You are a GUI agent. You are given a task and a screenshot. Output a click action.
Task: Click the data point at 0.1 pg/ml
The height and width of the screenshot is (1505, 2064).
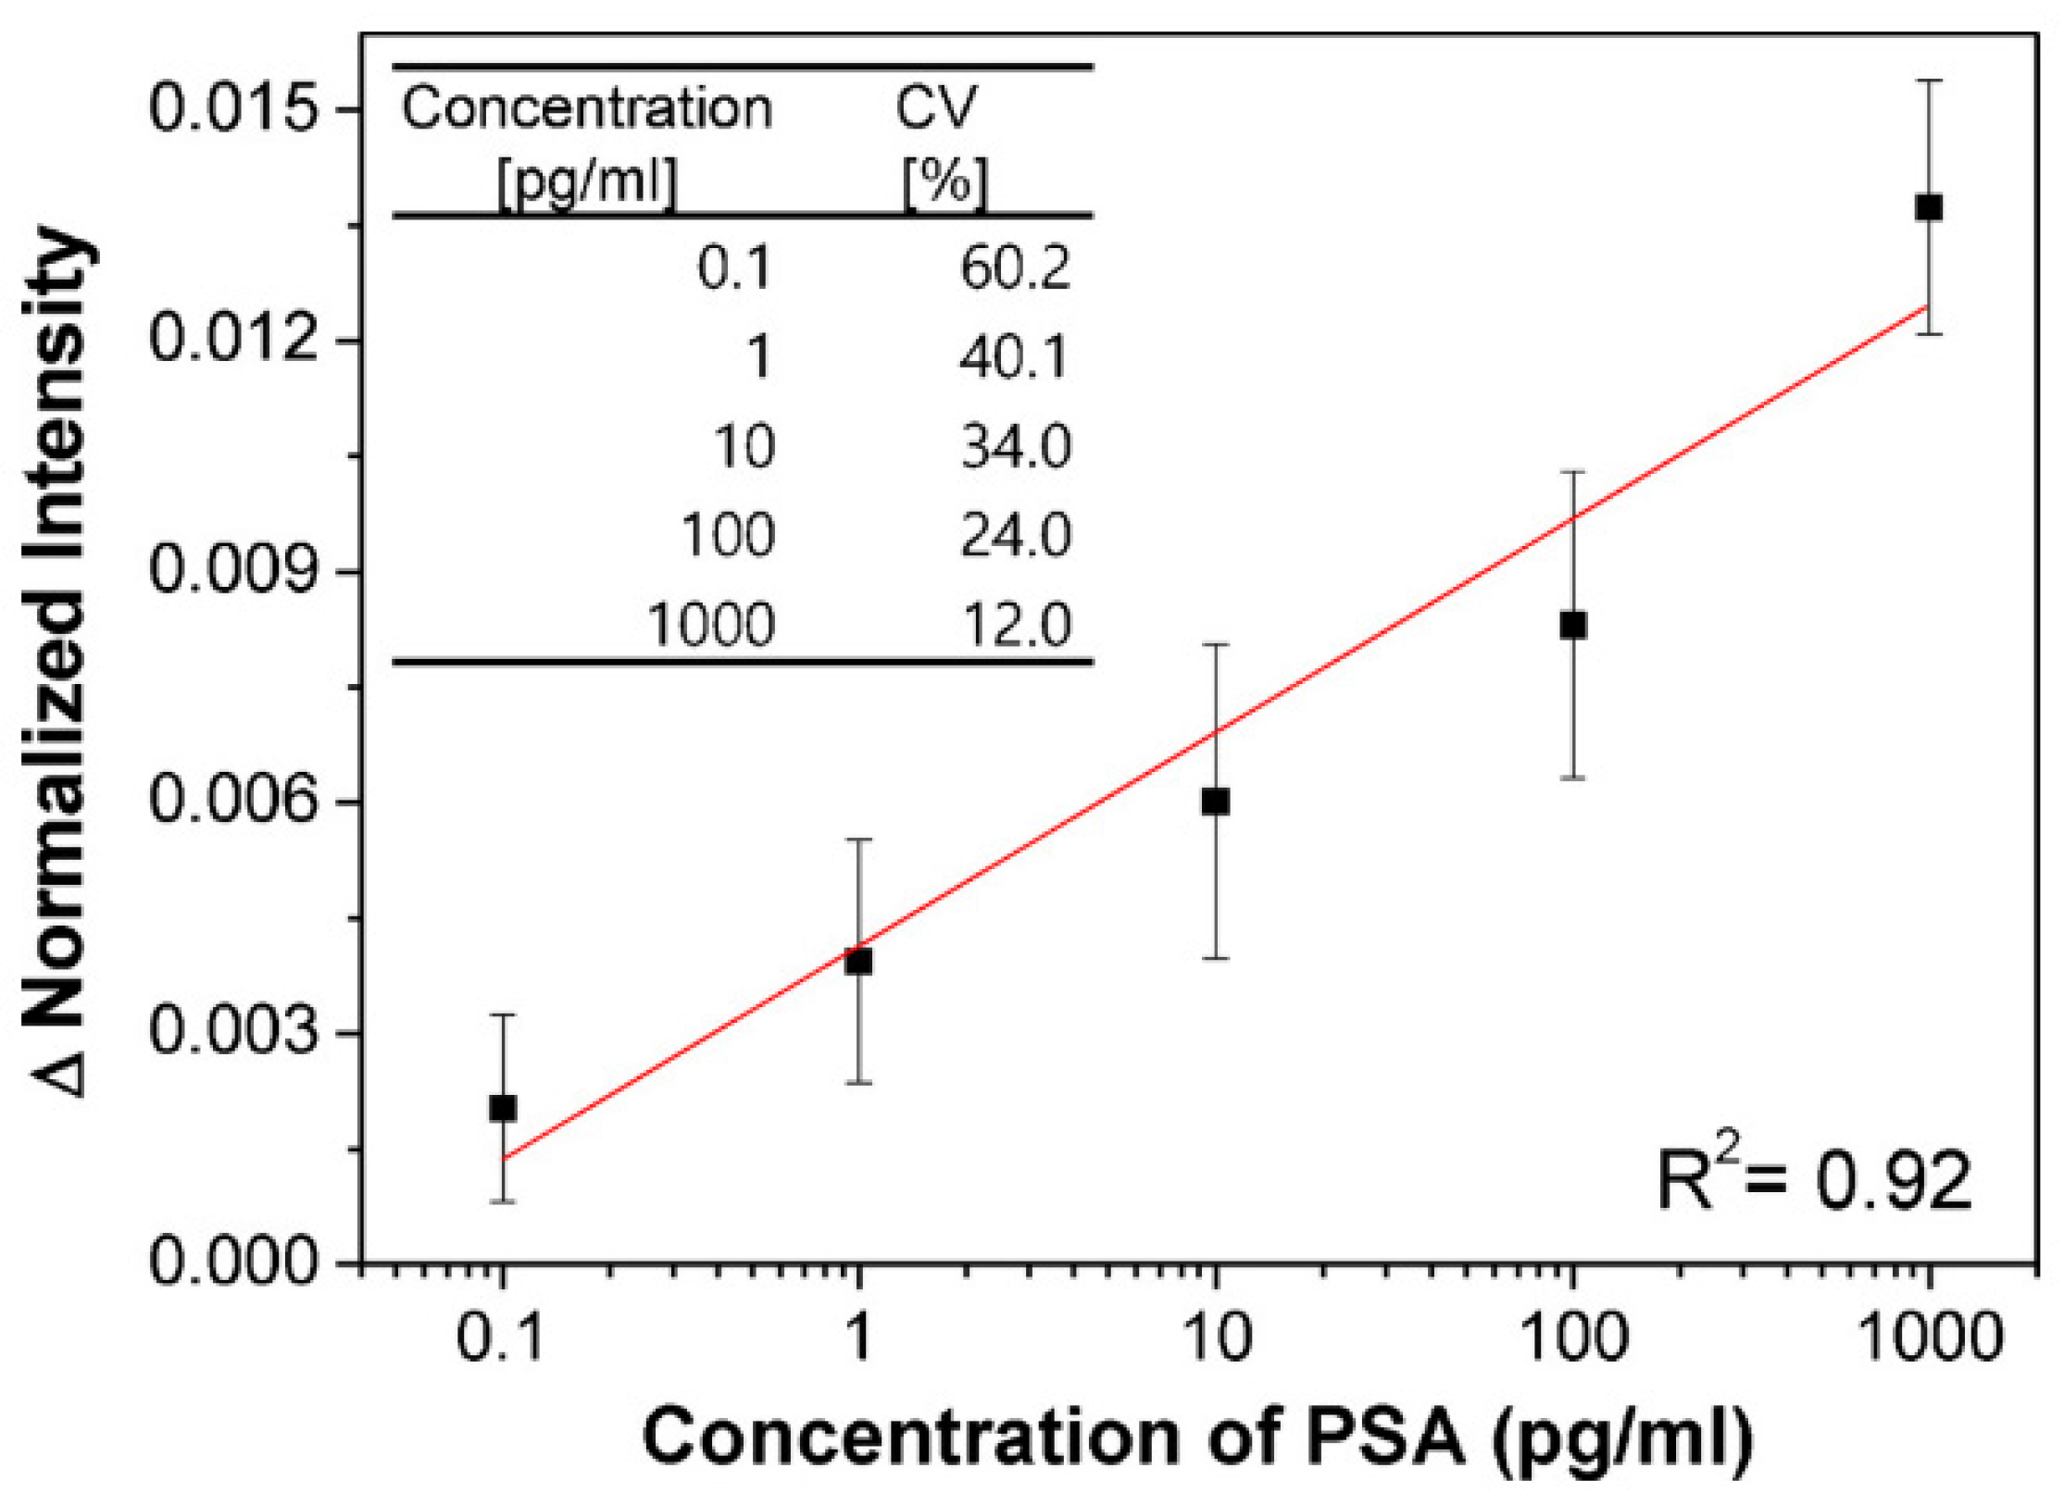pos(503,1108)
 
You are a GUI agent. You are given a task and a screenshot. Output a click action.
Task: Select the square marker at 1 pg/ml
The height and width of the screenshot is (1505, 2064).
pos(859,962)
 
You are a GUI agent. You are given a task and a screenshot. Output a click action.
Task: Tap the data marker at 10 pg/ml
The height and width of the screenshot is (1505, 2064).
pos(1216,802)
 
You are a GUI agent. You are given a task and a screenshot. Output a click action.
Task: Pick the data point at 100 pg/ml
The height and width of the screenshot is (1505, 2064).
pos(1573,626)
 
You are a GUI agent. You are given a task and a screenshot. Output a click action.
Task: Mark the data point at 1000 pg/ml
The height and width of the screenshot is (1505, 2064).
pos(1929,207)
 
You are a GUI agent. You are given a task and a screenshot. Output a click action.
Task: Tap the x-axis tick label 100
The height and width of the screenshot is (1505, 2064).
pos(1573,1338)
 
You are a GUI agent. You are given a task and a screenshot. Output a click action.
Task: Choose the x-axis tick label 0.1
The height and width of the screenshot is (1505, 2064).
pos(501,1338)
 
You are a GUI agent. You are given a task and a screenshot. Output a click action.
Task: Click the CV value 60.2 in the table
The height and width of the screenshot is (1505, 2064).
pos(1015,269)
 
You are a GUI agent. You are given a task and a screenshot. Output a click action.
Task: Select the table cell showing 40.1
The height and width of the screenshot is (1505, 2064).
pos(1015,358)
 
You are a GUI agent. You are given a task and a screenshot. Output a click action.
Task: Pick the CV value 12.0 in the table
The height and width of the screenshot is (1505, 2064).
pos(1015,625)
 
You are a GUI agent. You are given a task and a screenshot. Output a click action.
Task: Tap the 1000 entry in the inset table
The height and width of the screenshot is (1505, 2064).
pos(711,625)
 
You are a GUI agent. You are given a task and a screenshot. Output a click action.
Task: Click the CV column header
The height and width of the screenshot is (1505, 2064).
pos(935,108)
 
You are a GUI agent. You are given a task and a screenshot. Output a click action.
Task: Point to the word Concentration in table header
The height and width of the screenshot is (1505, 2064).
pos(586,108)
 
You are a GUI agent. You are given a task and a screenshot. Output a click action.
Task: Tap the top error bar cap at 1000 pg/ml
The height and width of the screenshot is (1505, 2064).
pos(1929,81)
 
